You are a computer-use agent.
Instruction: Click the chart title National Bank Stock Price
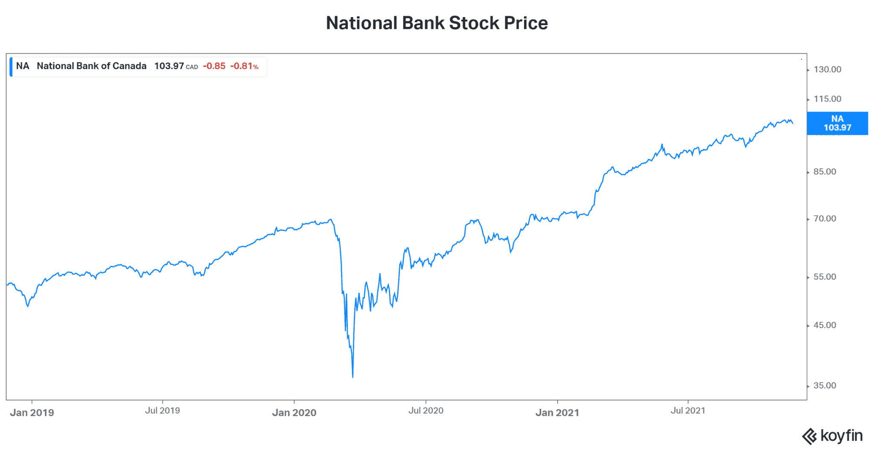[437, 23]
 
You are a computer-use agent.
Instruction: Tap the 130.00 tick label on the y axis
[827, 69]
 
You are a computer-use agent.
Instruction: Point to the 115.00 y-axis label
[827, 99]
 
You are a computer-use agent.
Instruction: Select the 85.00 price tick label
[824, 172]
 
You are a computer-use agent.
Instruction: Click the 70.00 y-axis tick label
[824, 219]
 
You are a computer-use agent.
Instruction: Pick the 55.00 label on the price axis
[824, 277]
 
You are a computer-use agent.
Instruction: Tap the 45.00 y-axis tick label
[824, 325]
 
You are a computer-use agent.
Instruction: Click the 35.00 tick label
[824, 386]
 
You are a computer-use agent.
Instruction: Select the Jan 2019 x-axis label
[32, 413]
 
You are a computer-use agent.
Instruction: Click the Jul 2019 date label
[163, 411]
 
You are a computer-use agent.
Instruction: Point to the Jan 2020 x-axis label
[294, 413]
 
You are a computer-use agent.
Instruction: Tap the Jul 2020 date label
[426, 411]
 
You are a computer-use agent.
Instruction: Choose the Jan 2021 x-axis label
[557, 413]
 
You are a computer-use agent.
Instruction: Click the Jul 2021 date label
[688, 411]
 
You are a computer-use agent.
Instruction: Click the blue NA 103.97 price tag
[837, 123]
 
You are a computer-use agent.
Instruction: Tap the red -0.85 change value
[214, 66]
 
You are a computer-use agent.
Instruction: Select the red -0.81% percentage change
[245, 66]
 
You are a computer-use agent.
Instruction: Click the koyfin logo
[833, 436]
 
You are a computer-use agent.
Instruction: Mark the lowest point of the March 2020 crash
[353, 377]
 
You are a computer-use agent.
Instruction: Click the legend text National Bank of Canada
[92, 66]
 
